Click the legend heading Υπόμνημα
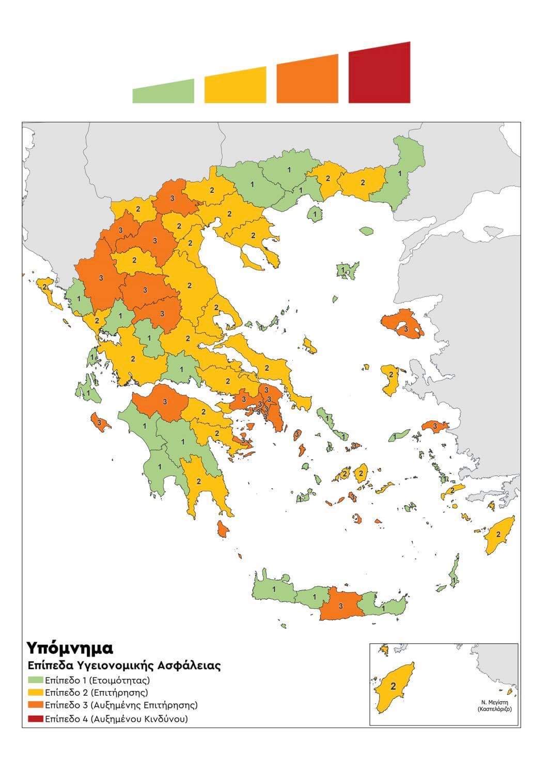[x=70, y=647]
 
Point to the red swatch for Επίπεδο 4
[x=35, y=718]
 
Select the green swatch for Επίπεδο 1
[x=35, y=680]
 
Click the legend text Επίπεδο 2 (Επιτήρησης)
[x=97, y=692]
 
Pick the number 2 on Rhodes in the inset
[x=393, y=687]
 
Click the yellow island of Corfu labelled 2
[x=49, y=293]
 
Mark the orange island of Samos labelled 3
[x=435, y=426]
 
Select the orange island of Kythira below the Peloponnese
[x=223, y=528]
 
